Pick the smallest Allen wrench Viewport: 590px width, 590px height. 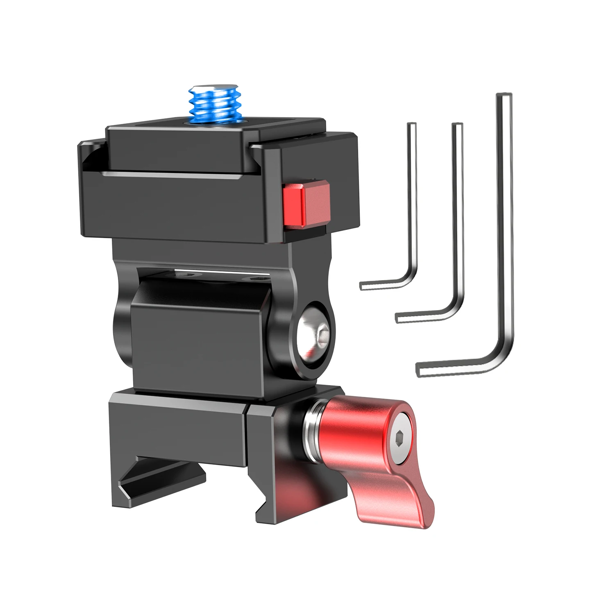point(412,205)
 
